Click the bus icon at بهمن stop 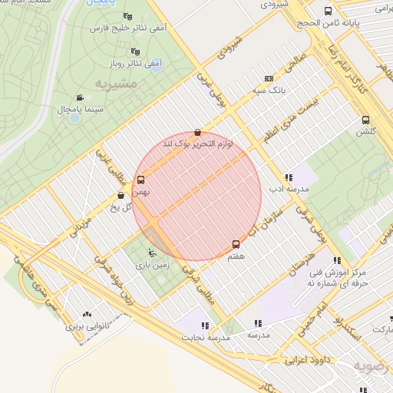tap(140, 180)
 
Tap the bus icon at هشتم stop tap(236, 244)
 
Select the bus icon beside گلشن tap(365, 120)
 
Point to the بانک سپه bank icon tap(269, 78)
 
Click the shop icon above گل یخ tap(122, 196)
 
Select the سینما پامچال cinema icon tap(80, 97)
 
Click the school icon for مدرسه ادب tap(289, 177)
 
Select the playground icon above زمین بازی tap(151, 253)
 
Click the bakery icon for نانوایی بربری tap(86, 314)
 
